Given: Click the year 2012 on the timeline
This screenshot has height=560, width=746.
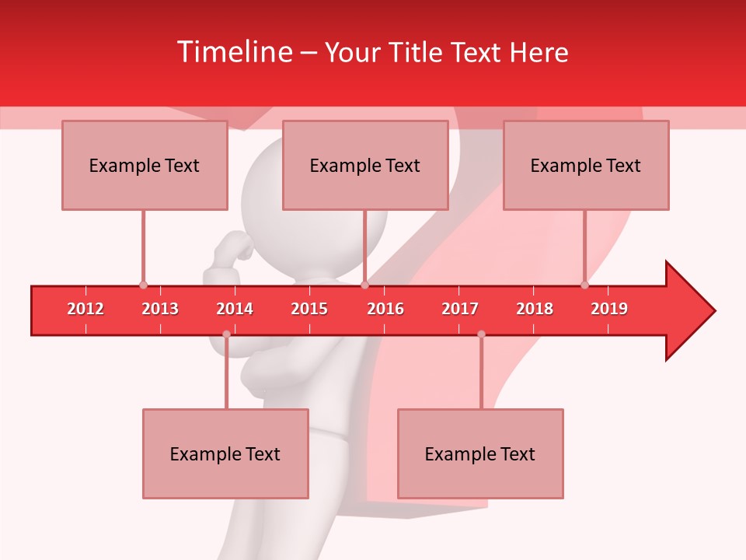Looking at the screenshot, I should click(85, 309).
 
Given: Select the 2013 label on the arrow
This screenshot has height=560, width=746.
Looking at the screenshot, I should click(160, 309).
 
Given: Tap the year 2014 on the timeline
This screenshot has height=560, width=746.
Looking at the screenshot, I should click(235, 309).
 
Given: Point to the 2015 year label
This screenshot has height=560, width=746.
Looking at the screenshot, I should click(309, 309).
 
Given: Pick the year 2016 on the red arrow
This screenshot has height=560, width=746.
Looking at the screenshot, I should click(385, 309).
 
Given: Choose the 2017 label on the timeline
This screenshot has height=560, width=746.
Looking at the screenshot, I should click(460, 309).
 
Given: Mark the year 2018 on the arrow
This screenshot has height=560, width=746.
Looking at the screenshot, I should click(535, 309).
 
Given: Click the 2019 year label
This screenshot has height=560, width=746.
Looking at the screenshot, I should click(609, 309).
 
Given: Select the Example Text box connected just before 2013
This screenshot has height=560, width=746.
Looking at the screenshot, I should click(145, 165).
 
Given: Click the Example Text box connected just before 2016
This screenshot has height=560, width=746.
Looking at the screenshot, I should click(365, 165).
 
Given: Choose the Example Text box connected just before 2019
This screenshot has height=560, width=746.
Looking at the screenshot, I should click(586, 165).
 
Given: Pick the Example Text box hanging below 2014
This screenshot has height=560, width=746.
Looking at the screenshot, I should click(225, 453).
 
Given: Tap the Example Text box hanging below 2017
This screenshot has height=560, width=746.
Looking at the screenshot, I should click(480, 453).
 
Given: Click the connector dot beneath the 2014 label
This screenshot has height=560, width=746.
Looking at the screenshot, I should click(226, 334).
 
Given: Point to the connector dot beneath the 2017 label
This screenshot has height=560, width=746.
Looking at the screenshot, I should click(481, 334).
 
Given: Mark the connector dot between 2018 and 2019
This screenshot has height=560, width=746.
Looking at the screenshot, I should click(585, 285).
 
